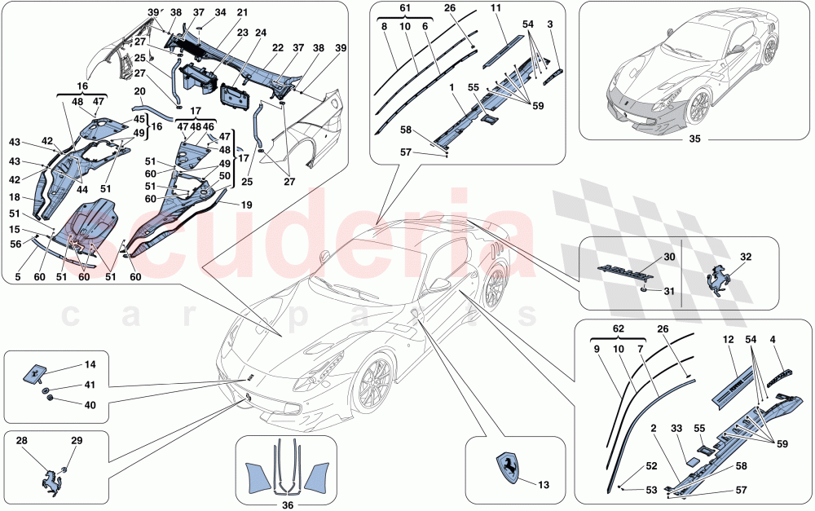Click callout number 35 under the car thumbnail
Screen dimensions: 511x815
[x=694, y=139]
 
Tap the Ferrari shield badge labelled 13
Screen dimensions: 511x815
[x=506, y=469]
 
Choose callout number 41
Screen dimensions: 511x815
[x=90, y=385]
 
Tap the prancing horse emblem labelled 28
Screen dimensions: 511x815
[x=53, y=478]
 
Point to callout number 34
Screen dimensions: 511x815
[x=220, y=13]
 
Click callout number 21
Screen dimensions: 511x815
[x=242, y=13]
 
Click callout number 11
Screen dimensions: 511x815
[x=518, y=10]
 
